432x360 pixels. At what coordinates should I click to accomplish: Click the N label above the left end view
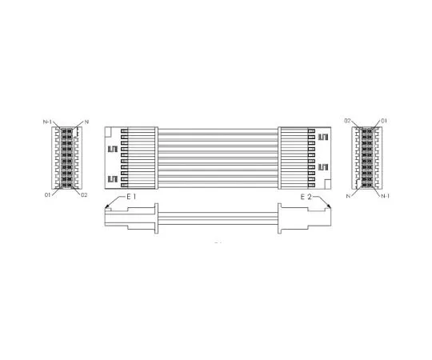coord(86,121)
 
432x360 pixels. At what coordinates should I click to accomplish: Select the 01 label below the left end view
coord(48,194)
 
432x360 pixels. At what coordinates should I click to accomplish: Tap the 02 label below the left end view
coord(84,194)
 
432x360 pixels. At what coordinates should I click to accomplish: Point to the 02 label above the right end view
coord(348,121)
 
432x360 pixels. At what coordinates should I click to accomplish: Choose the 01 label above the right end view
coord(386,121)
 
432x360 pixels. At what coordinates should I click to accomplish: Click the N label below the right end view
coord(349,195)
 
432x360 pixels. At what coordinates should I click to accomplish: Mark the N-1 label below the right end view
coord(385,195)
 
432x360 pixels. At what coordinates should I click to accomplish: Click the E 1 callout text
coord(131,197)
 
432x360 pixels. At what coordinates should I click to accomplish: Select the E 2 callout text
coord(306,197)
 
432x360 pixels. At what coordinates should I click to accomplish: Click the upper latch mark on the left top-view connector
coord(113,149)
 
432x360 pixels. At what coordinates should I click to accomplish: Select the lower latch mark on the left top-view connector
coord(113,178)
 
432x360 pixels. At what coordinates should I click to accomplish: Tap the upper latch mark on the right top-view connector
coord(323,137)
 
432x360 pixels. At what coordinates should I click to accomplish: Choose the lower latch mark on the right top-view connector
coord(323,166)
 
